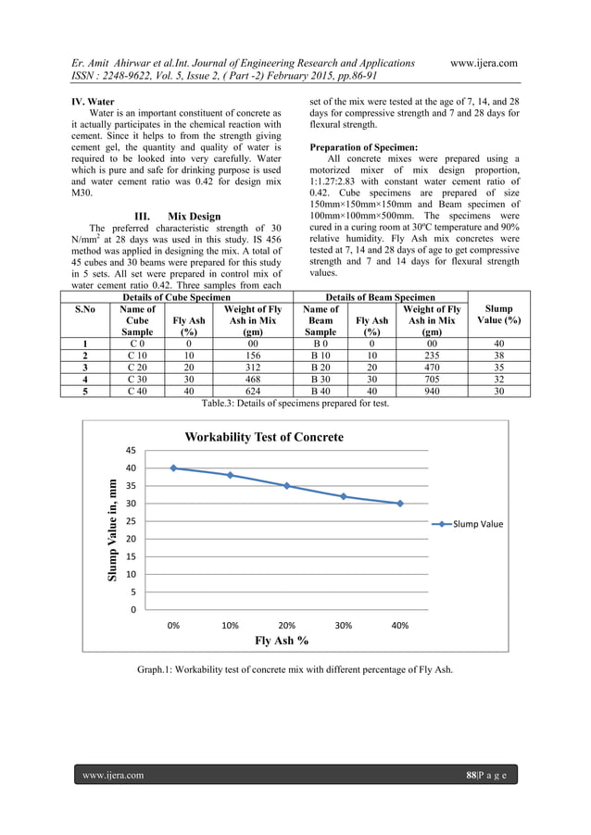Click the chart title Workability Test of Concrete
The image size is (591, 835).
tap(264, 437)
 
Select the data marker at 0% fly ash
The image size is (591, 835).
tap(173, 468)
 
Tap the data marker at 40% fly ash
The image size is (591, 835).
tap(400, 504)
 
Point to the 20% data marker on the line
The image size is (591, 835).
tap(287, 486)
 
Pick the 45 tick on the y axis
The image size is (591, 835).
tap(132, 451)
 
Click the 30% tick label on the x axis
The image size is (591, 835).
tap(344, 626)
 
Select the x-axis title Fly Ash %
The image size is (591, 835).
tap(283, 641)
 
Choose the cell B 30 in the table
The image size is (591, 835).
tap(321, 379)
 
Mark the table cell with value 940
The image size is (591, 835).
tap(431, 391)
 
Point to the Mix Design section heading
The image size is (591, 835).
tap(177, 217)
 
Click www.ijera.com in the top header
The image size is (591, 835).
tap(482, 63)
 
